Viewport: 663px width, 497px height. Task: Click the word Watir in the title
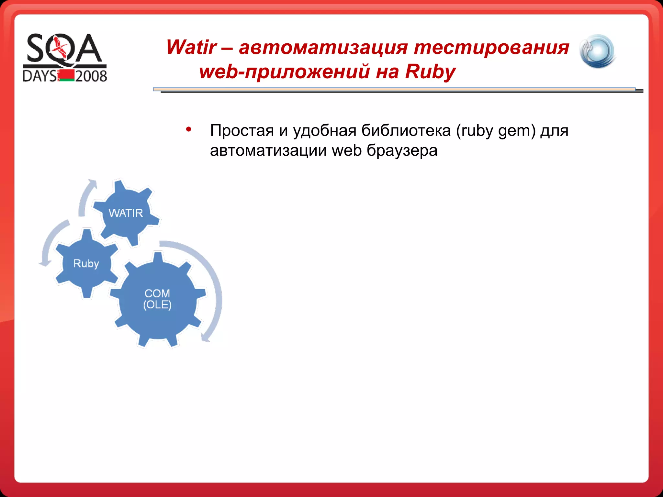tap(191, 47)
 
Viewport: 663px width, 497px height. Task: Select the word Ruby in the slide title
tap(430, 72)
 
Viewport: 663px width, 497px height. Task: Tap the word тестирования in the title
tap(491, 47)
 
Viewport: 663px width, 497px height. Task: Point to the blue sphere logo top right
tap(598, 51)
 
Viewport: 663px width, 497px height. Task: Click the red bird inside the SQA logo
tap(61, 48)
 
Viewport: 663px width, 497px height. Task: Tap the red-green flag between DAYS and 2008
tap(66, 75)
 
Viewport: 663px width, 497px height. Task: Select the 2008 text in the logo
tap(91, 76)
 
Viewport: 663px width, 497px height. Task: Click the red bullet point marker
tap(189, 129)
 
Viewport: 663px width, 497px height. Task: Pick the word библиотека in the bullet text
tap(406, 131)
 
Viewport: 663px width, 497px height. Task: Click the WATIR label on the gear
tap(126, 213)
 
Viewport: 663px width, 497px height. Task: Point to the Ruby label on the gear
tap(86, 264)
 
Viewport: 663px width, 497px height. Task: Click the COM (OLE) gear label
tap(157, 299)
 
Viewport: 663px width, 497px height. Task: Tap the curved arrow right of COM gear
tap(212, 285)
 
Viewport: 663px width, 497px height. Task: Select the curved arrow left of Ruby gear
tap(50, 243)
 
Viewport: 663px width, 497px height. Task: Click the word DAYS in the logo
tap(39, 76)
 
